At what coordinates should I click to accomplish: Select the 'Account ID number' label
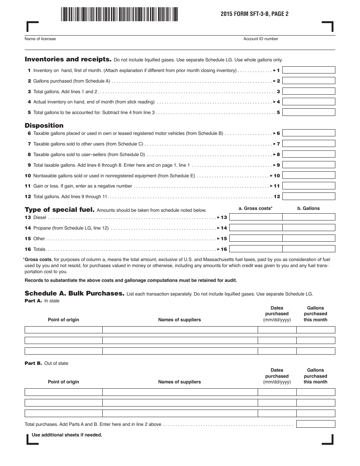[261, 39]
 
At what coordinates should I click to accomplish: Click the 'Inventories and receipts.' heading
[68, 59]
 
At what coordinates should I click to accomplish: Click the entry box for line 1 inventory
[309, 70]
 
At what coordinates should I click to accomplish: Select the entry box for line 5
[309, 113]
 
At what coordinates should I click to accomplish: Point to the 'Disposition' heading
[44, 125]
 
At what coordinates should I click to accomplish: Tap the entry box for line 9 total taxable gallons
[309, 165]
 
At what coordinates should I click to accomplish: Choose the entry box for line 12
[309, 196]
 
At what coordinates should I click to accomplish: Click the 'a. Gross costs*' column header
[255, 208]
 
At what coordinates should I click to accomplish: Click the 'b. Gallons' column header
[308, 208]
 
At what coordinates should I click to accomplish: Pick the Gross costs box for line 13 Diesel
[256, 217]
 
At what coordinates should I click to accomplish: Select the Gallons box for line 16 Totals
[309, 249]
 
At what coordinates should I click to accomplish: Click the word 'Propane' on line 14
[42, 228]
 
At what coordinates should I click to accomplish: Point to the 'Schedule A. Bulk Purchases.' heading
[74, 294]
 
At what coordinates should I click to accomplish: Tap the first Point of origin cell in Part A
[63, 330]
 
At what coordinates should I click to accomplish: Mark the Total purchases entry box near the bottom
[316, 424]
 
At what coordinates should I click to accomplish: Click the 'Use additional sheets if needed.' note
[67, 435]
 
